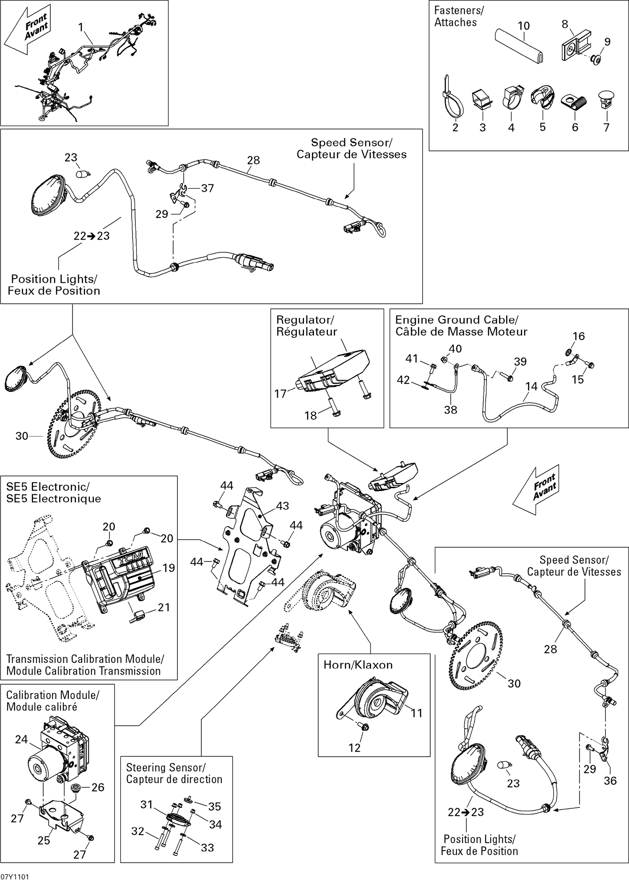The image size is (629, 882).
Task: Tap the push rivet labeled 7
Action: [606, 98]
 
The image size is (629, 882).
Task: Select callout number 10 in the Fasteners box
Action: [524, 26]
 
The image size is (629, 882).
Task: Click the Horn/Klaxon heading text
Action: [358, 665]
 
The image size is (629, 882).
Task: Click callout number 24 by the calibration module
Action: [21, 740]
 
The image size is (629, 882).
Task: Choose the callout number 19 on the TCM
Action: [169, 568]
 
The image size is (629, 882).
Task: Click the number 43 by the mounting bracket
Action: [282, 506]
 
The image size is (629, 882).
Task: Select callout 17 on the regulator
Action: [280, 393]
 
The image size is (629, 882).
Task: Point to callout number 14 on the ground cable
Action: [531, 386]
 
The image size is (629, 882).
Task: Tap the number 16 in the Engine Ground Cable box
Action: [579, 336]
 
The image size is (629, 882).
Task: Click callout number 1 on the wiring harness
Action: [81, 27]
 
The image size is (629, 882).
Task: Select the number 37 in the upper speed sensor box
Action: [208, 188]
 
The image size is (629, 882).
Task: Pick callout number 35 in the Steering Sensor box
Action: [215, 806]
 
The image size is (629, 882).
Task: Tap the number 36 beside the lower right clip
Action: [610, 781]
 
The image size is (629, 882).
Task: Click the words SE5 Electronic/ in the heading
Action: [47, 487]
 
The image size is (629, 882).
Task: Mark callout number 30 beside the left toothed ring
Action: [22, 436]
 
